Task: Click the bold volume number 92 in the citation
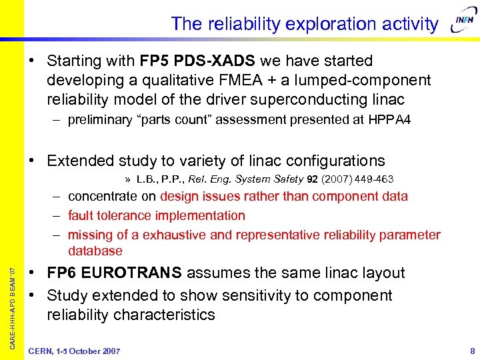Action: tap(312, 179)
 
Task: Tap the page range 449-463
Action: tap(373, 179)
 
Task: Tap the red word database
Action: tap(95, 251)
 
